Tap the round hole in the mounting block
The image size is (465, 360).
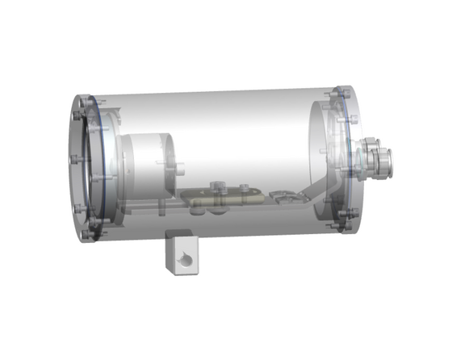pos(187,261)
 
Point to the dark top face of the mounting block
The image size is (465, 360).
pos(179,236)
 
